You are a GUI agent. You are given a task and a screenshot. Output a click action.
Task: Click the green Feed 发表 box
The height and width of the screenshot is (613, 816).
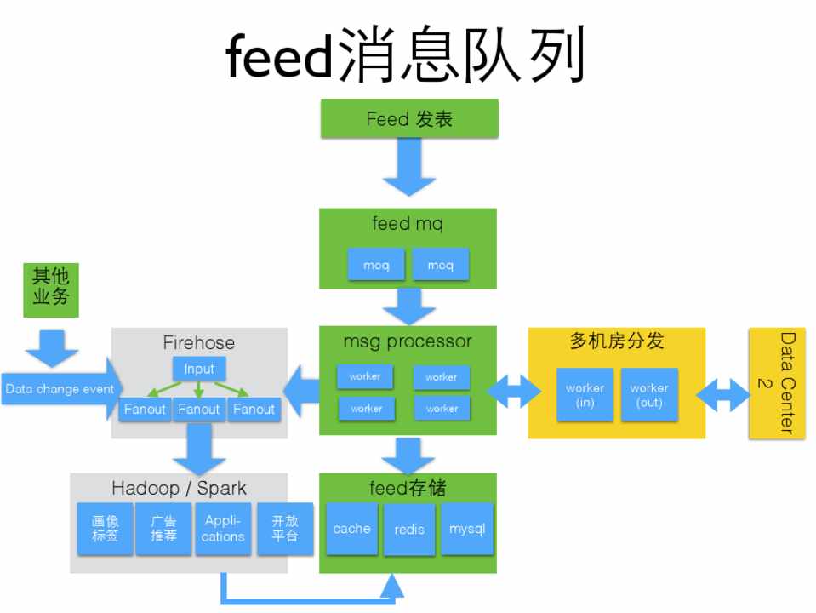[408, 118]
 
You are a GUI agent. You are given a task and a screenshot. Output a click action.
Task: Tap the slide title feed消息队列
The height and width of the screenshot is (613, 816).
[407, 57]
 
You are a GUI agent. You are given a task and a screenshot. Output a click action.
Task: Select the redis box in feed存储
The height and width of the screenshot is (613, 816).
[409, 529]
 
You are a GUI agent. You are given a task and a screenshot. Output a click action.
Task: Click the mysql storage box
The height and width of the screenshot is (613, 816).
[467, 528]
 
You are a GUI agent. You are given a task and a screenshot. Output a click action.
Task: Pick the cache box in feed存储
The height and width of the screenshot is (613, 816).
[351, 528]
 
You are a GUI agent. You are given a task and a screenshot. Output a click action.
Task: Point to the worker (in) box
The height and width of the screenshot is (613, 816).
[585, 395]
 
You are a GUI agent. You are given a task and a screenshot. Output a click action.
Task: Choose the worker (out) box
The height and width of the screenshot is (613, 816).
[649, 395]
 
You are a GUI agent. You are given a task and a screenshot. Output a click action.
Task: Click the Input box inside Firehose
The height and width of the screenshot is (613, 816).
[199, 369]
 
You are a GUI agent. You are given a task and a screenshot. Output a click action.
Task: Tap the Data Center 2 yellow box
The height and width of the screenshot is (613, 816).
[776, 383]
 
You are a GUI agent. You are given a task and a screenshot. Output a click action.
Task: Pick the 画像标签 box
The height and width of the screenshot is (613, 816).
[105, 529]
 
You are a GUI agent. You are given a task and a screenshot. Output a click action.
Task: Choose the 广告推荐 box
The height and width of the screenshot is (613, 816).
[163, 529]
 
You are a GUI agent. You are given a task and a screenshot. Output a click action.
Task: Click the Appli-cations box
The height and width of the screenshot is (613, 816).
[223, 529]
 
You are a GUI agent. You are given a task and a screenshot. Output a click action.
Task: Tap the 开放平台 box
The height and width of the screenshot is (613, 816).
[284, 529]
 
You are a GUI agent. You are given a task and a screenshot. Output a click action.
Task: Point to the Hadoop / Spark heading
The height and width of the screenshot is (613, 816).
[179, 488]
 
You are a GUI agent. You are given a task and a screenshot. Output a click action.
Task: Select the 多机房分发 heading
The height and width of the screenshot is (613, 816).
[616, 342]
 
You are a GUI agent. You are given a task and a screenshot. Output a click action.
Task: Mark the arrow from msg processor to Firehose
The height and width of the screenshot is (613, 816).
[300, 389]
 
